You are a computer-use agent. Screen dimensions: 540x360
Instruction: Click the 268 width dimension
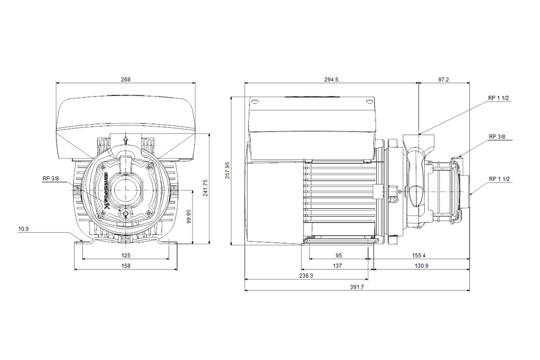126,80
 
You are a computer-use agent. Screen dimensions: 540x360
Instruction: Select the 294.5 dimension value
331,80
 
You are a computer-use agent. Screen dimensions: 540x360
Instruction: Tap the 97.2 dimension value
443,80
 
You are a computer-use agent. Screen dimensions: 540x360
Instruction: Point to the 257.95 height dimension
227,170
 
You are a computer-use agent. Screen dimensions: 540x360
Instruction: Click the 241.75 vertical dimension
206,188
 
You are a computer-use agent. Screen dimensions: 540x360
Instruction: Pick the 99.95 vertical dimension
189,217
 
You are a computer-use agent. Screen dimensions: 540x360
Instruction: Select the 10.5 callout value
23,229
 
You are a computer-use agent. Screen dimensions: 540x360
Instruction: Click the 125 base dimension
126,256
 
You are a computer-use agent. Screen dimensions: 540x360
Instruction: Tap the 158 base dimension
126,266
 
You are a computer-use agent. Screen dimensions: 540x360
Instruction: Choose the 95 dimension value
339,256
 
